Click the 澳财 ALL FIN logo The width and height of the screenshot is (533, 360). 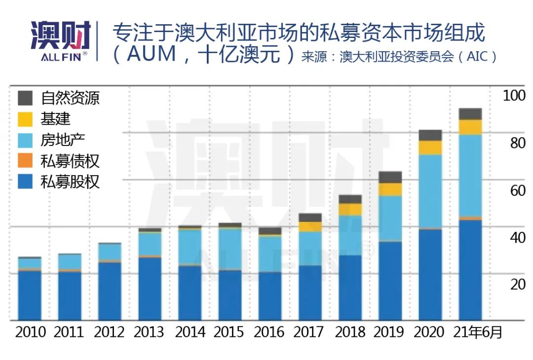click(60, 40)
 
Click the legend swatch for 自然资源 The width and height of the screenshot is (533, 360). click(25, 98)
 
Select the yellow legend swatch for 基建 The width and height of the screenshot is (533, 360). click(25, 119)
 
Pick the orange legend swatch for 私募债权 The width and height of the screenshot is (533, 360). click(25, 161)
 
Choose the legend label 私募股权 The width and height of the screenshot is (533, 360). click(70, 182)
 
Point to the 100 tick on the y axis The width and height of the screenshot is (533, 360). click(514, 96)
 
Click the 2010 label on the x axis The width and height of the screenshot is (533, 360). click(30, 332)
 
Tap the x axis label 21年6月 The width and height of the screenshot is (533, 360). click(477, 332)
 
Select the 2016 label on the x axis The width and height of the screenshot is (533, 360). click(269, 332)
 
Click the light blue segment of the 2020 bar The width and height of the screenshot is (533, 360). click(430, 191)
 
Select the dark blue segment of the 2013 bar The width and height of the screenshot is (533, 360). click(150, 288)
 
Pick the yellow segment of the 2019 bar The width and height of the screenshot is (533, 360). click(390, 190)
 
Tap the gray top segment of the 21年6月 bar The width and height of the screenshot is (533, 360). click(470, 114)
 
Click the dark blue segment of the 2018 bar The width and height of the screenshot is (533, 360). click(350, 288)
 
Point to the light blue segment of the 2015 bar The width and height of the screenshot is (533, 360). click(229, 249)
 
